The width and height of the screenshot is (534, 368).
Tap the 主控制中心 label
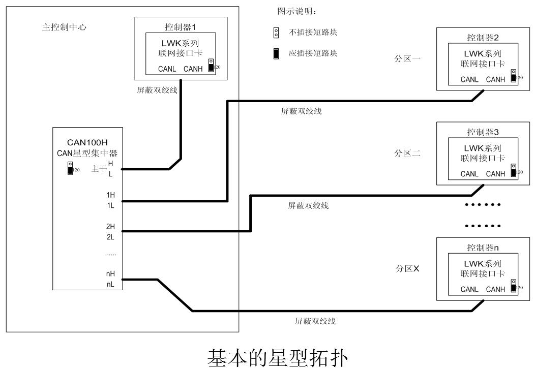pos(64,27)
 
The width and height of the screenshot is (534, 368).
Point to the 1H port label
pos(111,195)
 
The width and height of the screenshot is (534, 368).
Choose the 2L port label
pos(111,237)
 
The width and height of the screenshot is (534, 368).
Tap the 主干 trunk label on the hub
pos(98,169)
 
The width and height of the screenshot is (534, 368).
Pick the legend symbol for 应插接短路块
pos(276,53)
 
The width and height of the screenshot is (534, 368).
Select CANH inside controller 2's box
pos(496,79)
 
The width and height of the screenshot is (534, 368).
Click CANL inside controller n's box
pos(470,289)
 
